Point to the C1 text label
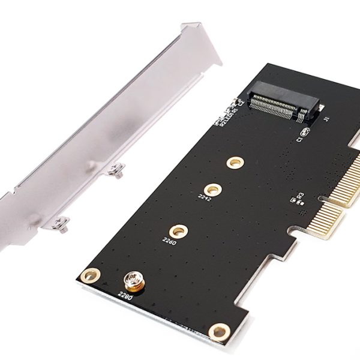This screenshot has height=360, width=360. click(x=298, y=139)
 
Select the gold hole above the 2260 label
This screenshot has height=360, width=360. click(x=178, y=230)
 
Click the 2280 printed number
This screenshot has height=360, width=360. click(x=124, y=294)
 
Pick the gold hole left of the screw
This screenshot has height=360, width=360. click(x=91, y=276)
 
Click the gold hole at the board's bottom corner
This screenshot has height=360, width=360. click(x=220, y=331)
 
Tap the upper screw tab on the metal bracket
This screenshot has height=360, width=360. click(x=118, y=170)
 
